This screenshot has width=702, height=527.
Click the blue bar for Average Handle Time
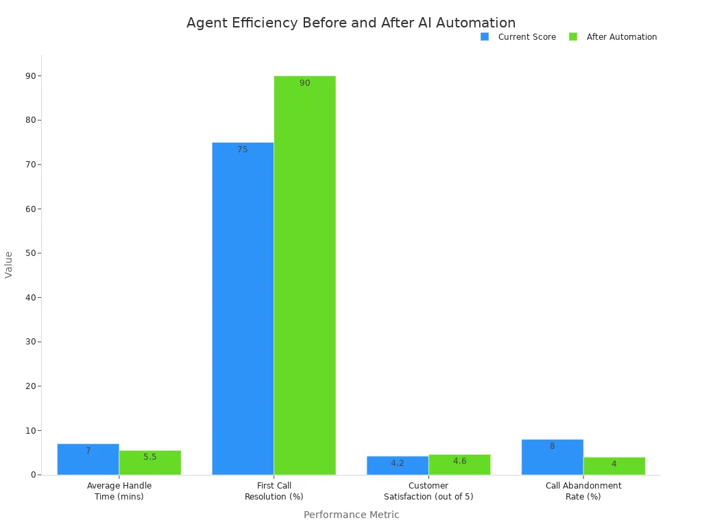pyautogui.click(x=88, y=460)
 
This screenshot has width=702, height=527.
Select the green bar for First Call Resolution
pyautogui.click(x=304, y=274)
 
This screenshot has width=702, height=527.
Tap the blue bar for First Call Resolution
pyautogui.click(x=243, y=309)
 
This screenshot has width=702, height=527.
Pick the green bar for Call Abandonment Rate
pyautogui.click(x=614, y=467)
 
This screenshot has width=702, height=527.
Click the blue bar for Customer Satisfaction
pyautogui.click(x=398, y=466)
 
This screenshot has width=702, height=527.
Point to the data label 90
pyautogui.click(x=304, y=83)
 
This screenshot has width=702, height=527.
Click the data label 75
pyautogui.click(x=243, y=150)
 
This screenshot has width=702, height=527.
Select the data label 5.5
pyautogui.click(x=149, y=457)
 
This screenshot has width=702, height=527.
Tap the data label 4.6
pyautogui.click(x=459, y=461)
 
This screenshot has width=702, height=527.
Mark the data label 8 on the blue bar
pyautogui.click(x=552, y=446)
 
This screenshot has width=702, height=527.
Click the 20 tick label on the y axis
pyautogui.click(x=31, y=386)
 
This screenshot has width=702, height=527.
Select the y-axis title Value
pyautogui.click(x=9, y=264)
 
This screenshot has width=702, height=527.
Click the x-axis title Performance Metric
pyautogui.click(x=351, y=515)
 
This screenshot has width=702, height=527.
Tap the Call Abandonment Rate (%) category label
pyautogui.click(x=583, y=491)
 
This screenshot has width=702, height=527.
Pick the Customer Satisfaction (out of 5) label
pyautogui.click(x=428, y=491)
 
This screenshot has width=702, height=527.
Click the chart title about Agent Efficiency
pyautogui.click(x=351, y=23)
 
